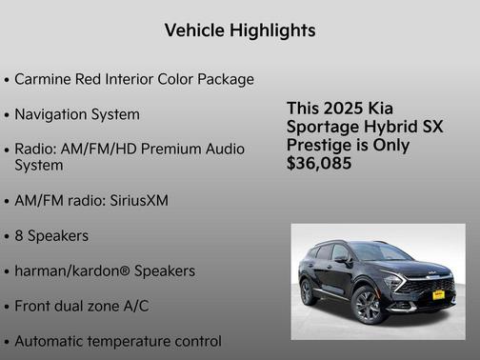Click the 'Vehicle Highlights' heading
[240, 30]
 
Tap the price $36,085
[319, 163]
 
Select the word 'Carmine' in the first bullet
[44, 78]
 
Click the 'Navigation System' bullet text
[77, 114]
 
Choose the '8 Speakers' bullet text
[51, 235]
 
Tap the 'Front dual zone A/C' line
[82, 306]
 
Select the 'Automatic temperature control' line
[118, 340]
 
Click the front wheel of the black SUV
[368, 307]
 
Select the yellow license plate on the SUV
[438, 295]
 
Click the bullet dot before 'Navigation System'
[8, 115]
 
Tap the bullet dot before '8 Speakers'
[8, 236]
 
